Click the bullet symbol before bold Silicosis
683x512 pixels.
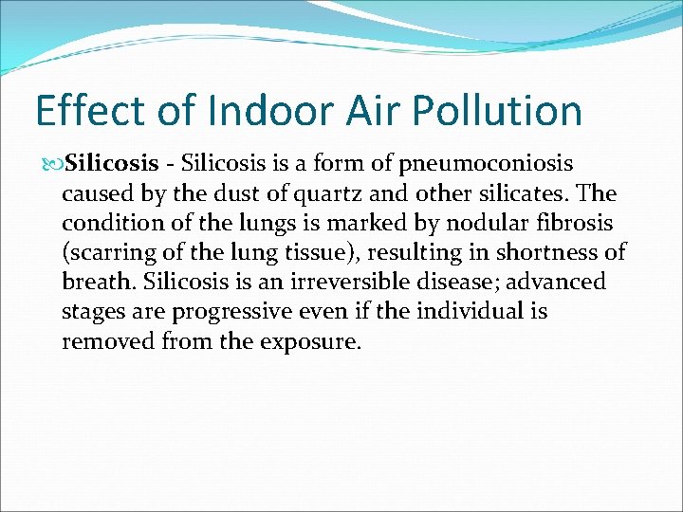point(53,164)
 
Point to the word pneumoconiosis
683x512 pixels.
point(490,164)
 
